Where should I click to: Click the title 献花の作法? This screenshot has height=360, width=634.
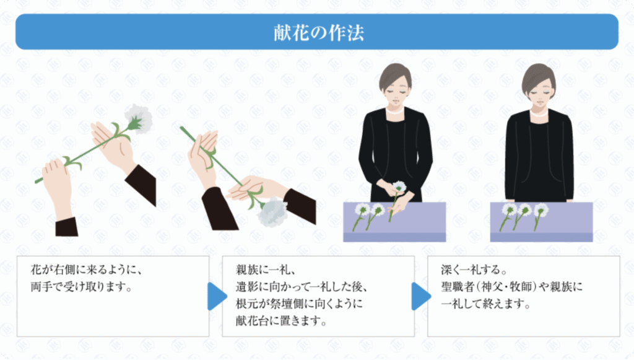pos(319,33)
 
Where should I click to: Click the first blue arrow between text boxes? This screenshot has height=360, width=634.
pos(217,297)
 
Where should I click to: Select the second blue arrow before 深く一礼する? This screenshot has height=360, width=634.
pos(421,297)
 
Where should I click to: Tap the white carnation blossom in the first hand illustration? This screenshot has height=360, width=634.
pos(139,118)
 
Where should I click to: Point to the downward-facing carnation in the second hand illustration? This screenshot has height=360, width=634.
pos(272,211)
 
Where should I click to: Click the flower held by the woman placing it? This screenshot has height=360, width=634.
pos(399,187)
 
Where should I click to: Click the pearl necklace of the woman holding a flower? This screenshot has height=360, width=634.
pos(394,110)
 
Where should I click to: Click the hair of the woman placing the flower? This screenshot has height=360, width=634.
pos(394,76)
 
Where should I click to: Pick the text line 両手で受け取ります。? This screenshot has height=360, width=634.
pos(82,286)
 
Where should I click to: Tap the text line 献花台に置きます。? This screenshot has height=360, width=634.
pos(282,321)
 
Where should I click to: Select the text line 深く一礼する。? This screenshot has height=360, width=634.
pos(474,270)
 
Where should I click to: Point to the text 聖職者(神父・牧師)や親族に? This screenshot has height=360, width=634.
pos(512,286)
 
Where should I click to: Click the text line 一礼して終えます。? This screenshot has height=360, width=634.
pos(486,304)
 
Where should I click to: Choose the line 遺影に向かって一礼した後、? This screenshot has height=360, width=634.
pos(302,286)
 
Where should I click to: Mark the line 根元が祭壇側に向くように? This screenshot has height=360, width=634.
pos(299,304)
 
